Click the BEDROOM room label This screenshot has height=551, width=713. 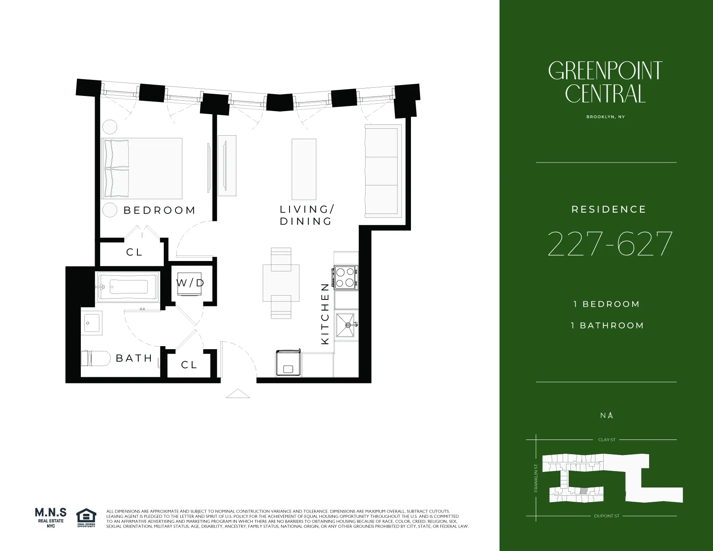coord(159,210)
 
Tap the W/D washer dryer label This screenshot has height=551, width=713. coord(190,283)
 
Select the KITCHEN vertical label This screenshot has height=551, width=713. coord(325,314)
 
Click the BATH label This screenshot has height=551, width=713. coord(134,358)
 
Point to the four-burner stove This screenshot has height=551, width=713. coord(345,277)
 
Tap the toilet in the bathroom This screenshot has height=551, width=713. coord(96,358)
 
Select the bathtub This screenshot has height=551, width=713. coord(128,287)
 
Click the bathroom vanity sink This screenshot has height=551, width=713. coord(92,323)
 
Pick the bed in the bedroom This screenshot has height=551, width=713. coord(142,169)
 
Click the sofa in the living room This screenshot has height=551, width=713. coord(382,171)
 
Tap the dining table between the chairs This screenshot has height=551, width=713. coord(281,283)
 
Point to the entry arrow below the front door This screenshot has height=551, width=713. coord(238,394)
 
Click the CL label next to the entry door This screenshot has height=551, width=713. coord(189,365)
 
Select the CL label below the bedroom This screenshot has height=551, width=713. coord(134,252)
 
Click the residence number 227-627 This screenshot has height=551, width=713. coord(609,243)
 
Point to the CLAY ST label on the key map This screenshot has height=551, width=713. coord(607,440)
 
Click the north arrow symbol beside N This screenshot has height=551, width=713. coord(610,415)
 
